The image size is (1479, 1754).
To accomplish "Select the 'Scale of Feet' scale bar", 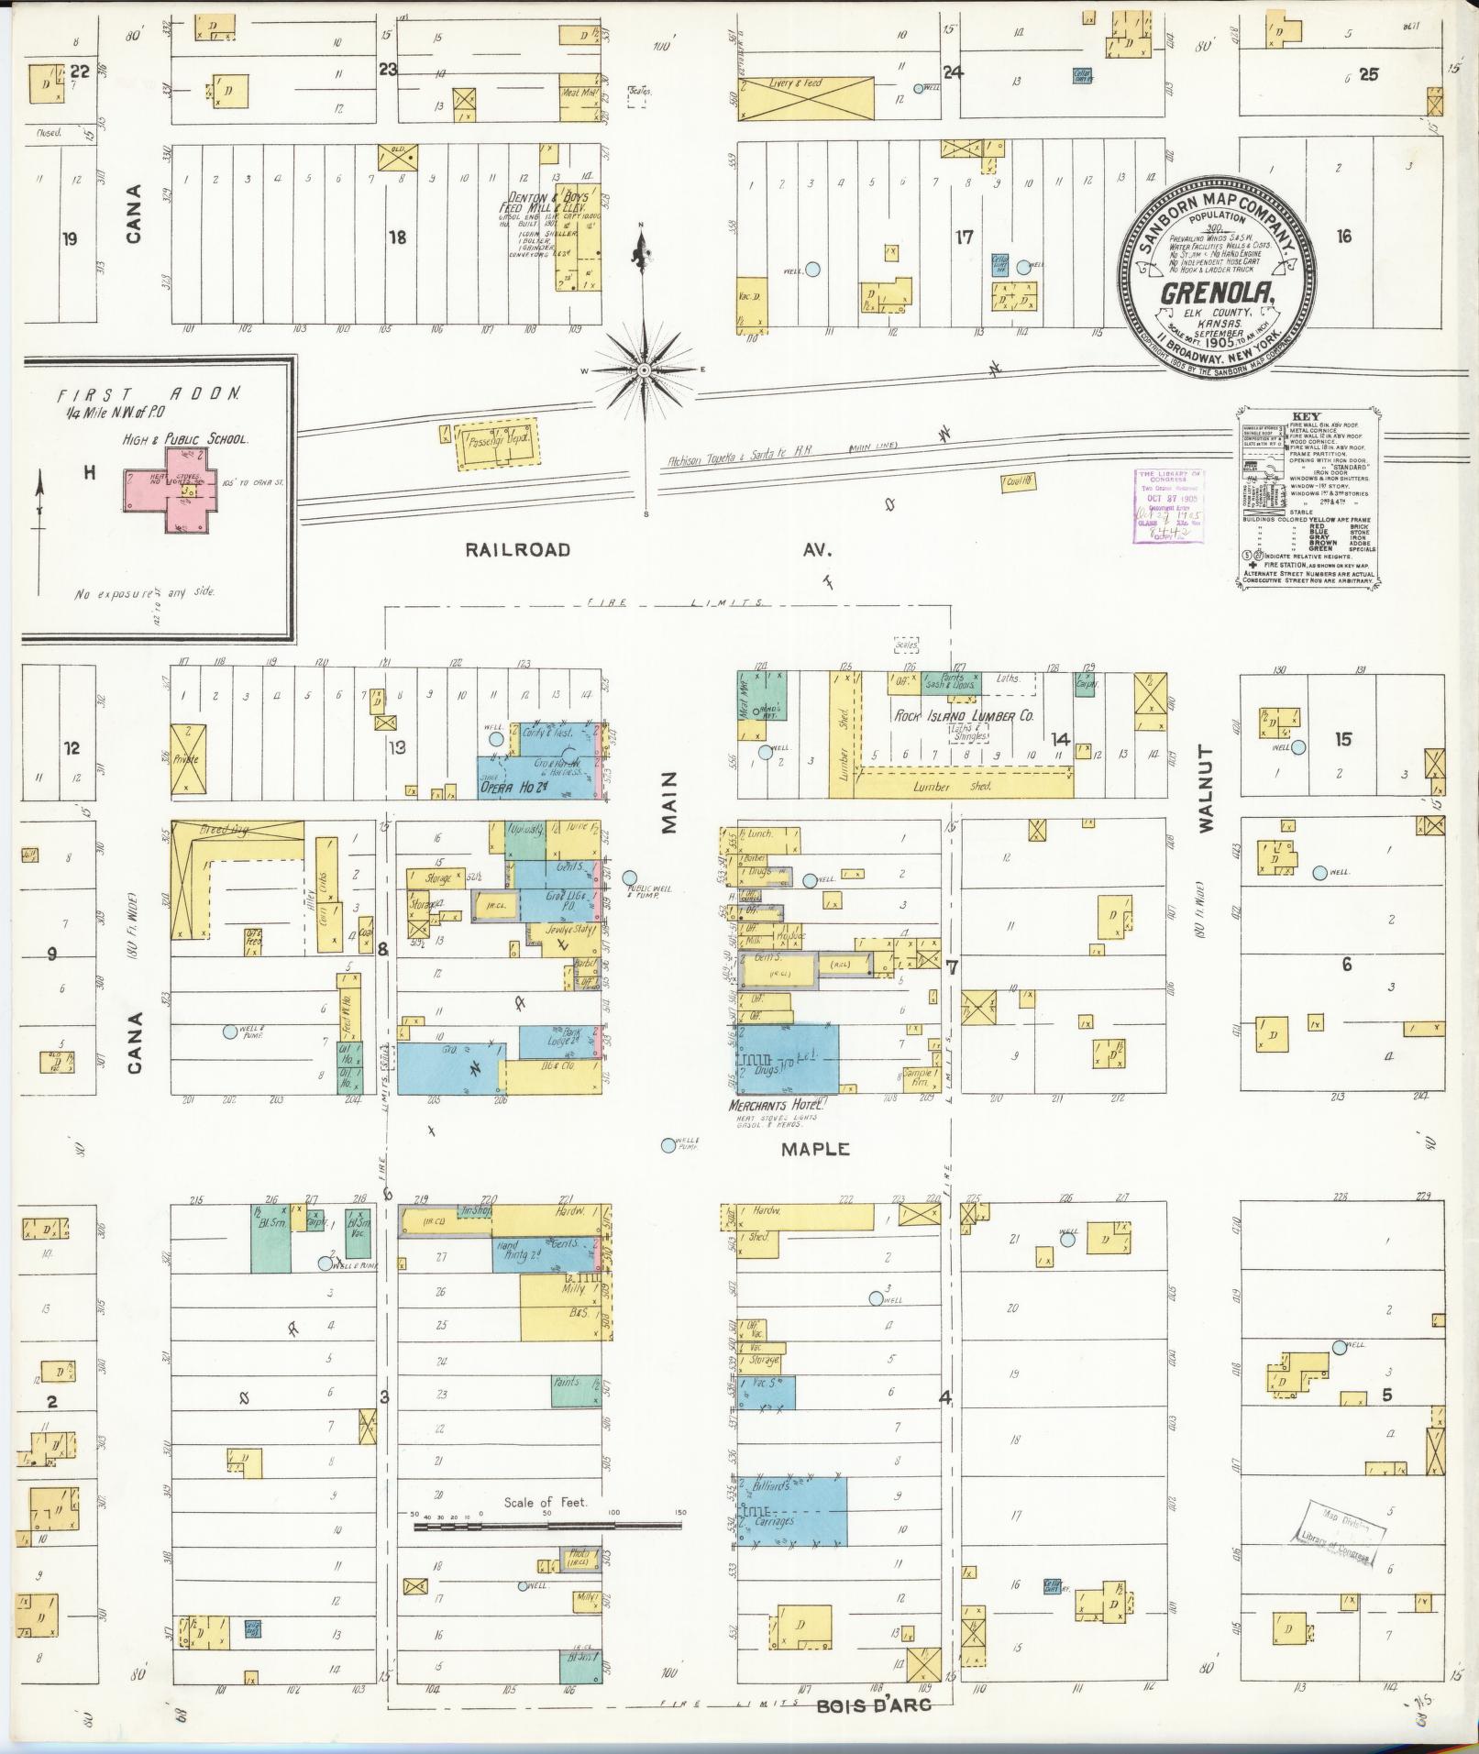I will point(548,1527).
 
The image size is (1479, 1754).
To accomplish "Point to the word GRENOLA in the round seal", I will point(1217,293).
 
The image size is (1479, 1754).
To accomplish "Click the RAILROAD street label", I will point(517,550).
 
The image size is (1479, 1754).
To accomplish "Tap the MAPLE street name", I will point(816,1149).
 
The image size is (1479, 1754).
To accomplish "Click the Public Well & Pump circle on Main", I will point(630,877).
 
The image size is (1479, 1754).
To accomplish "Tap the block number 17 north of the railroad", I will point(964,237).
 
